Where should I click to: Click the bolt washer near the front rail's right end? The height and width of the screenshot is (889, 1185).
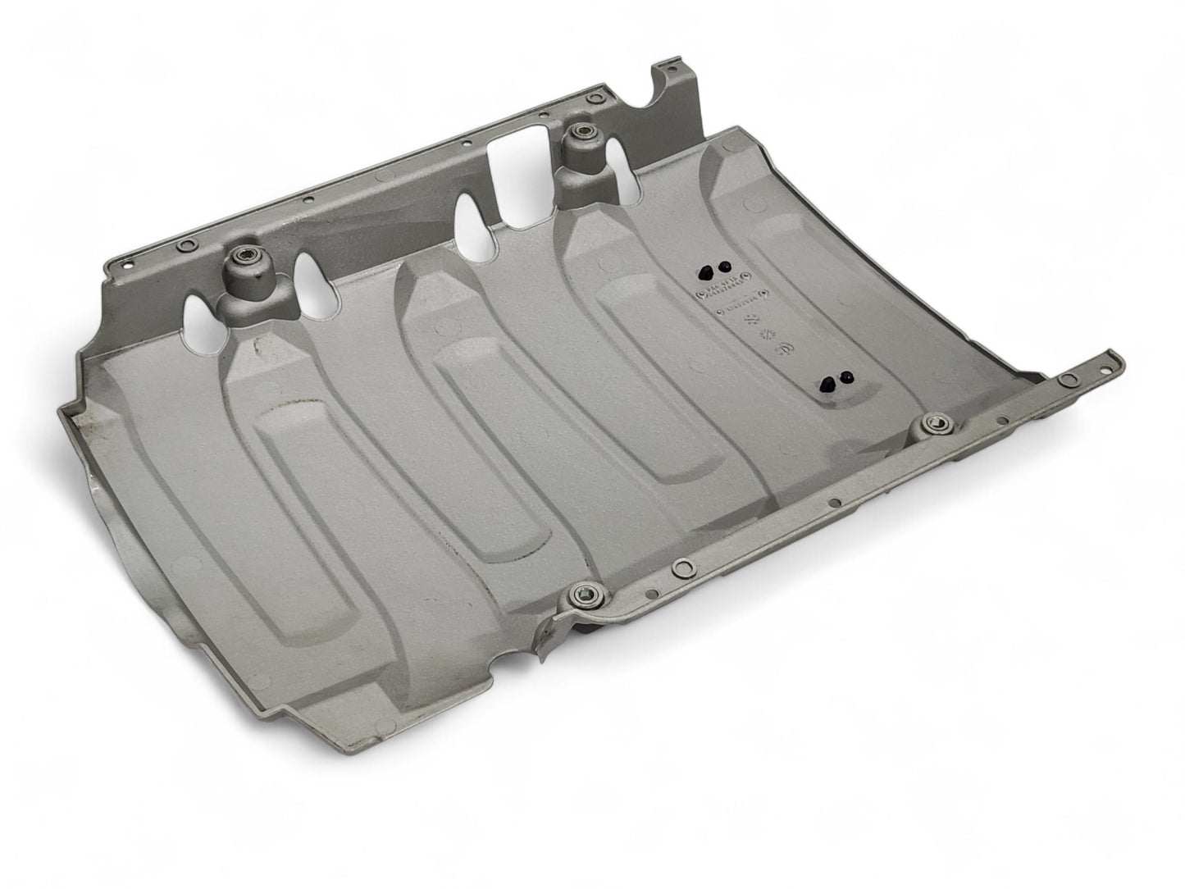pos(933,423)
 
